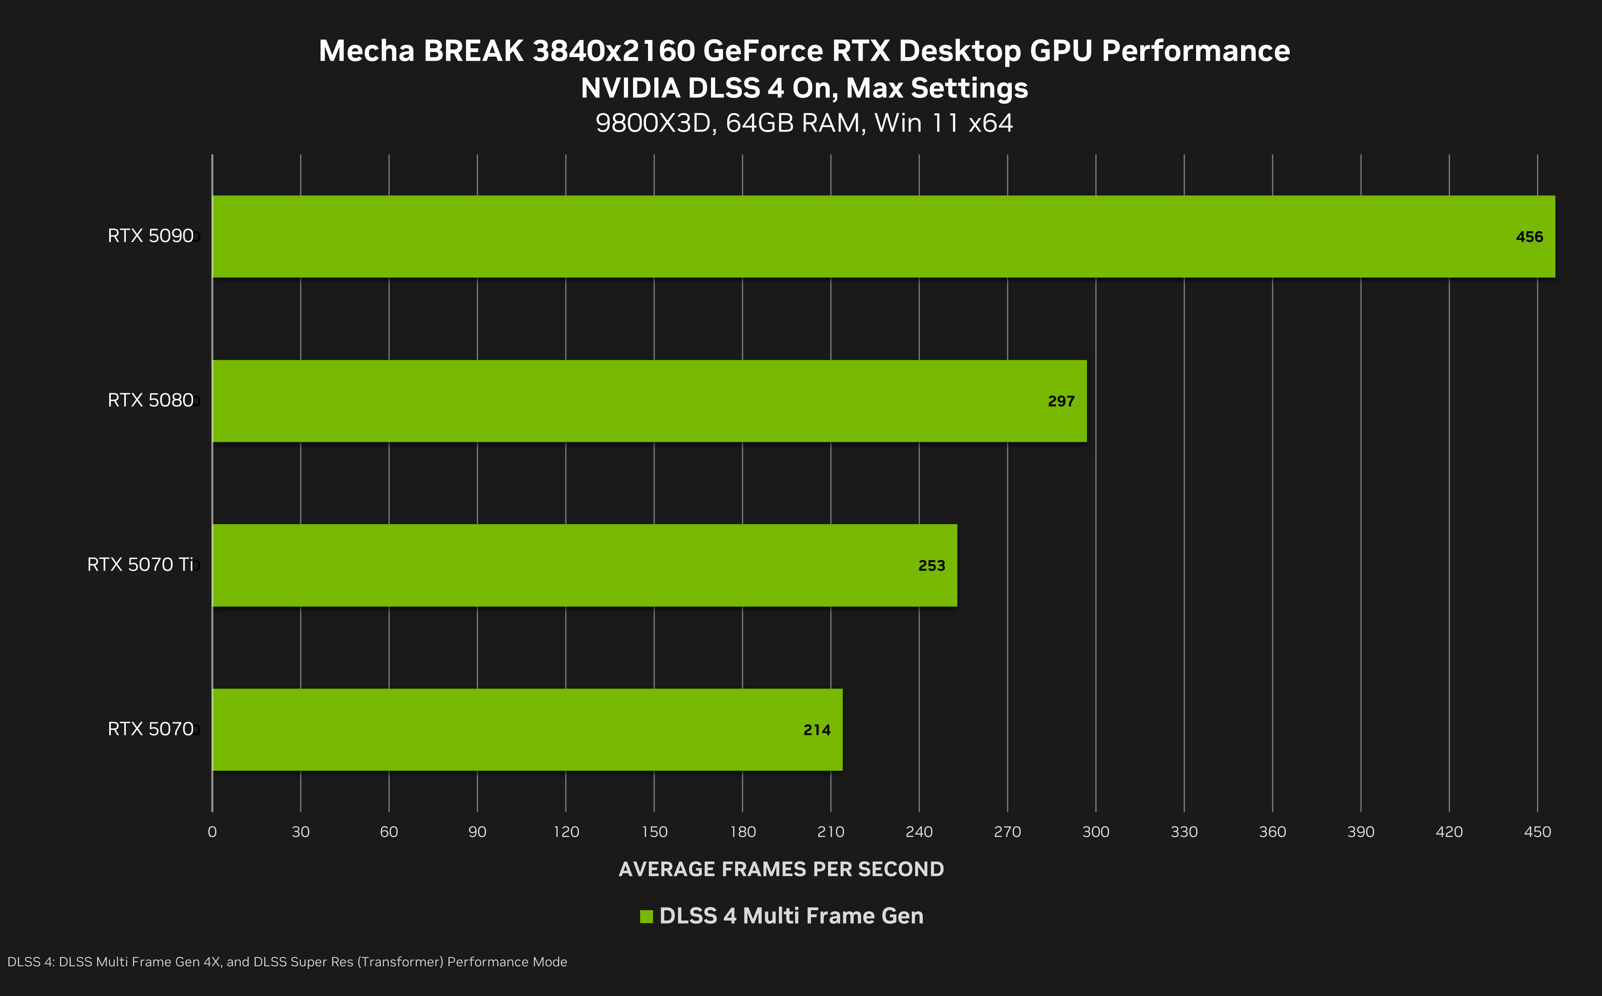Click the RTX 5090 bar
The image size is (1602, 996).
(x=883, y=237)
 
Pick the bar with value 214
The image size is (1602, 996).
(x=527, y=729)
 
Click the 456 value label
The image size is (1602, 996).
(x=1529, y=237)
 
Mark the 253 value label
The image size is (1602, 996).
(x=931, y=566)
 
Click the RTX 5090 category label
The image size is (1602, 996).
(x=150, y=236)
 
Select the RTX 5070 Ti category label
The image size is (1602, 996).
(x=140, y=564)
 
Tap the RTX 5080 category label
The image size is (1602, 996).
(x=150, y=400)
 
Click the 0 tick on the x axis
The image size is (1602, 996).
(x=212, y=832)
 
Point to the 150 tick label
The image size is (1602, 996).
(x=654, y=832)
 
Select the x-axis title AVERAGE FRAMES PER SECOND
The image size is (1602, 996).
(x=781, y=869)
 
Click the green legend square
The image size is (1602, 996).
(x=646, y=916)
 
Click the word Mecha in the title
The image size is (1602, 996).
(x=366, y=51)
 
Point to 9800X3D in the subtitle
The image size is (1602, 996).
(x=656, y=124)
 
